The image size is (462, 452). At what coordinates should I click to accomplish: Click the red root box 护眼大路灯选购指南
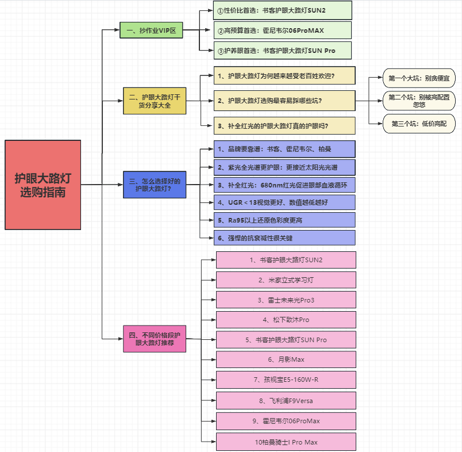coord(43,185)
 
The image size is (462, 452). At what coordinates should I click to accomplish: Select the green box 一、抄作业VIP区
coord(151,30)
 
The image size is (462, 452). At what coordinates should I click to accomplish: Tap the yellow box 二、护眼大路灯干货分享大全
coord(155,101)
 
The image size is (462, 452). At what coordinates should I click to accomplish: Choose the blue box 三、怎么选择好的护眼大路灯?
coord(155,185)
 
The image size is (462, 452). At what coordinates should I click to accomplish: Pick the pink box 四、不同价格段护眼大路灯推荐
coord(155,339)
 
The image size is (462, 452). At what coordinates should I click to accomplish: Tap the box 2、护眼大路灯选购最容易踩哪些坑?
coord(284,101)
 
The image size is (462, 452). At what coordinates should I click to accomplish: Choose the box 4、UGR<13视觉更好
coord(284,202)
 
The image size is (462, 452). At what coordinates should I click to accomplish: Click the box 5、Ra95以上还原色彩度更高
coord(284,220)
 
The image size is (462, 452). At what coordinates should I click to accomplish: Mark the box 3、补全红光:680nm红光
coord(284,185)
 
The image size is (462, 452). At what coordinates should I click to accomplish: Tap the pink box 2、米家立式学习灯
coord(286,280)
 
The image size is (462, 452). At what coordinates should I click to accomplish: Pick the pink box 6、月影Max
coord(286,360)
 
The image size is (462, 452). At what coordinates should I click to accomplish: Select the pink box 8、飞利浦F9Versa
coord(286,400)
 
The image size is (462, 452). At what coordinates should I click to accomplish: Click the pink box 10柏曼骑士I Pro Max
coord(286,442)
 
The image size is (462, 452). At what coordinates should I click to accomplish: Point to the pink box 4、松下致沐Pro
coord(286,320)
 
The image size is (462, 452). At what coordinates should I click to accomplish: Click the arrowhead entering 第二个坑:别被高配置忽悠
coord(380,101)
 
